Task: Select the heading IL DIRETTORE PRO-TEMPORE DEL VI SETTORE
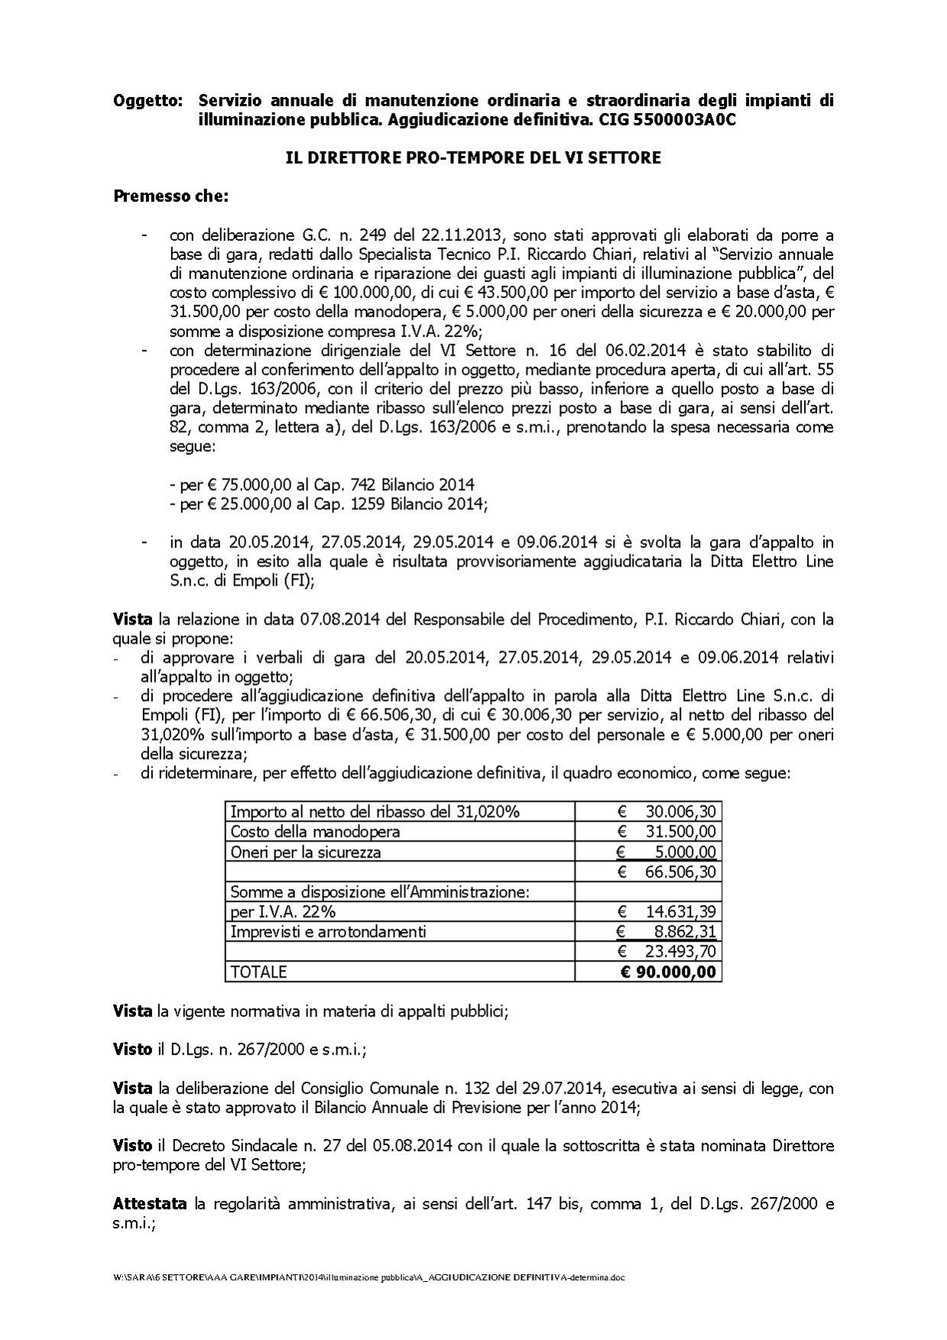tap(473, 158)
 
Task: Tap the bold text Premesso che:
tap(170, 196)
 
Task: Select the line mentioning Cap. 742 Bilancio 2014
tap(322, 485)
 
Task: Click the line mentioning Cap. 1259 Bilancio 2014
tap(329, 504)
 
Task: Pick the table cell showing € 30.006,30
tap(668, 811)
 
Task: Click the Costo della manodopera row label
tap(315, 832)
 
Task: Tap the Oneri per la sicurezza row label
tap(306, 852)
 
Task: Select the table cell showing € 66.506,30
tap(668, 871)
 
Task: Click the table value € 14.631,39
tap(668, 911)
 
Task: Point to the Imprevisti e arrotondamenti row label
tap(328, 931)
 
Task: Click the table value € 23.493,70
tap(668, 951)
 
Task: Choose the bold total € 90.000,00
tap(668, 972)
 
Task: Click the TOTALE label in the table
tap(258, 972)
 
